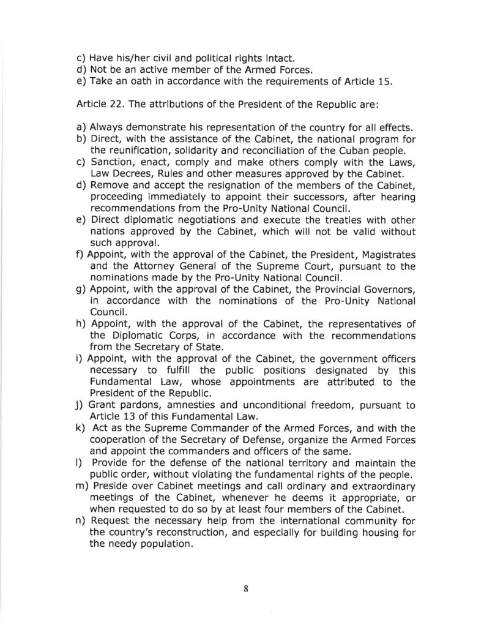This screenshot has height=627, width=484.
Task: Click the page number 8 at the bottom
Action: coord(245,589)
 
